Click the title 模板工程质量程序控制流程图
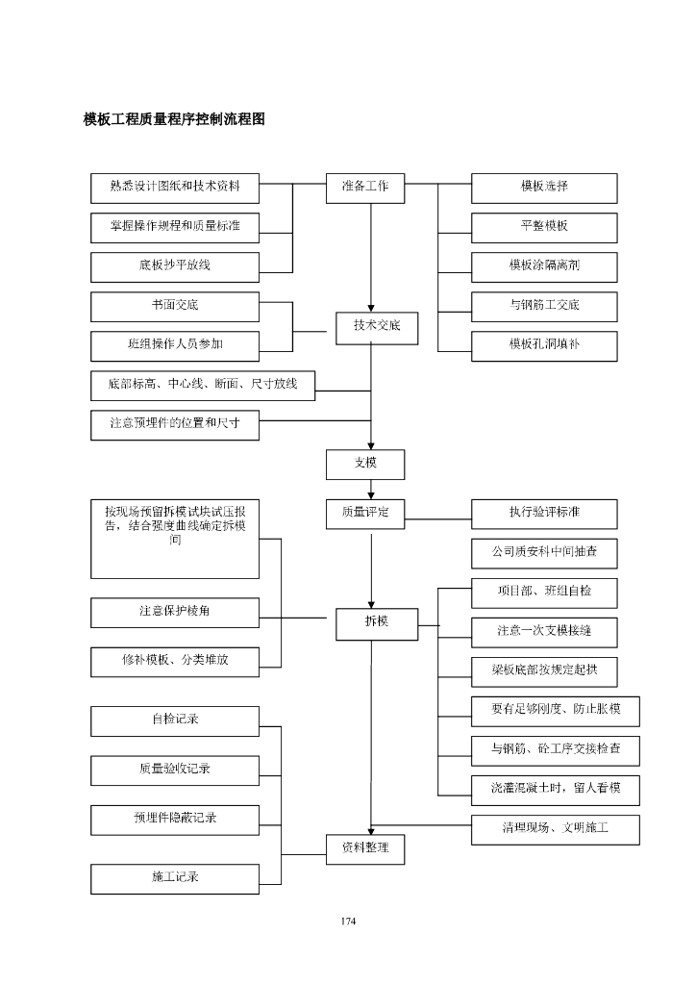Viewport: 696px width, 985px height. [x=174, y=120]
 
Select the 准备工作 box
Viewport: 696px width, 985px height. [x=364, y=188]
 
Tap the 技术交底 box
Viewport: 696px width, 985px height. [x=377, y=328]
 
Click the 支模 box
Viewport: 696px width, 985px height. [x=364, y=464]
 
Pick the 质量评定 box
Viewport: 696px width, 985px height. [x=364, y=514]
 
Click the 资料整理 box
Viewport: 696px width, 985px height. [x=364, y=848]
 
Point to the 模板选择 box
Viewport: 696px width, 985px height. [x=544, y=188]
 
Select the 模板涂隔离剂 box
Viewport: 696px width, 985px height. [x=544, y=266]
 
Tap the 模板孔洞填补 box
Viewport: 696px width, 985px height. [x=544, y=345]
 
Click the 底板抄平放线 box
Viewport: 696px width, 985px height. [x=175, y=266]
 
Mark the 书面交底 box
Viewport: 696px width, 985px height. [x=175, y=307]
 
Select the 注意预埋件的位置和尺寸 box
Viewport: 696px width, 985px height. [x=175, y=424]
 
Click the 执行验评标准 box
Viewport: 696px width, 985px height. [x=544, y=514]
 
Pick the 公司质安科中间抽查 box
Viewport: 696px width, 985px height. [x=544, y=553]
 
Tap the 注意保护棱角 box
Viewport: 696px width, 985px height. [x=175, y=612]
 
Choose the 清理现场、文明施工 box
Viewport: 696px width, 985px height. [x=555, y=829]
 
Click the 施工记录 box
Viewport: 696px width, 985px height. [x=175, y=878]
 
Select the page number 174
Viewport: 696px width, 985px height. [x=348, y=922]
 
